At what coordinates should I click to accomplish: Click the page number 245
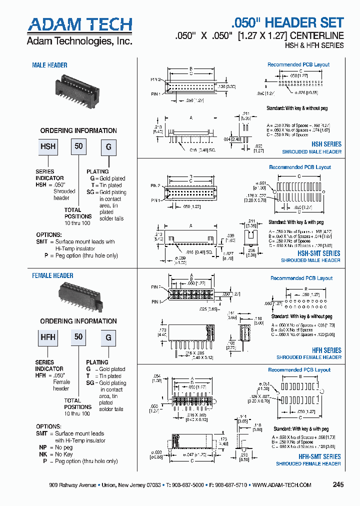coord(338,484)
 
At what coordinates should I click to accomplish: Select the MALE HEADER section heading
coord(49,65)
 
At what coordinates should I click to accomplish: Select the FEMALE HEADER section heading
coord(52,275)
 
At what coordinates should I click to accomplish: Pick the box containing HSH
coord(48,147)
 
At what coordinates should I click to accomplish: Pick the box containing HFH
coord(48,337)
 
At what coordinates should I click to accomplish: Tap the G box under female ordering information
coord(108,337)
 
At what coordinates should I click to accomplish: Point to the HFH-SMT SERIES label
coord(319,456)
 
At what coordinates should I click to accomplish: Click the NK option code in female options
coord(43,454)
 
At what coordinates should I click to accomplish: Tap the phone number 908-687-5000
coord(184,485)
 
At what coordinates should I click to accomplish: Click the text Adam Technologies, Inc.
coord(79,41)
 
